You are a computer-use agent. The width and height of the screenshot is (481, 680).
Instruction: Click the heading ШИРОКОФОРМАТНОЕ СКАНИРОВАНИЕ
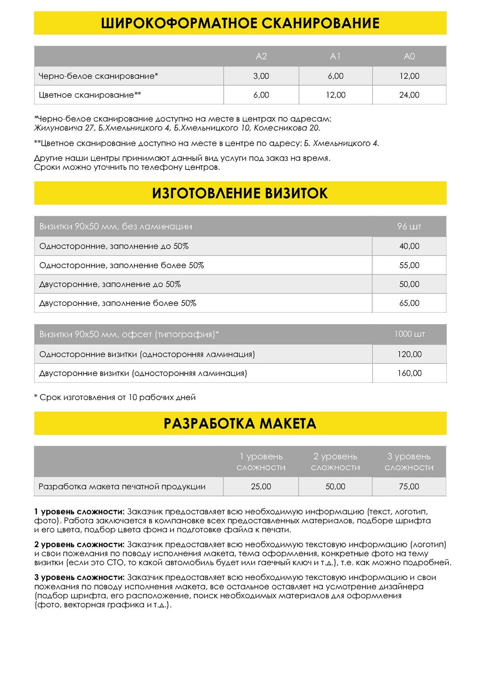[x=240, y=23]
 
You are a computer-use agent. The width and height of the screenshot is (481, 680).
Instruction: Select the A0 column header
[x=409, y=56]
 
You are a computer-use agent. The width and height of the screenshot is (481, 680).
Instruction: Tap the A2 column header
[x=261, y=56]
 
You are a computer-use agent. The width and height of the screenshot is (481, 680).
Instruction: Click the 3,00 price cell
[x=261, y=76]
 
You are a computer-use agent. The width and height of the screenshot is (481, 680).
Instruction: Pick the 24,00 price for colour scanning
[x=409, y=95]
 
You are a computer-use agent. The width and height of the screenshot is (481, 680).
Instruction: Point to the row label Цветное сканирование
[x=89, y=95]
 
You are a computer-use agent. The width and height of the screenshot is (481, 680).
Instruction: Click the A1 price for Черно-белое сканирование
[x=335, y=76]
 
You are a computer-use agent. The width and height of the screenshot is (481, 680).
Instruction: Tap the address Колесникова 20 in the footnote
[x=286, y=128]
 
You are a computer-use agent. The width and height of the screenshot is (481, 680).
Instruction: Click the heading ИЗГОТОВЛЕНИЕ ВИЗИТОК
[x=240, y=193]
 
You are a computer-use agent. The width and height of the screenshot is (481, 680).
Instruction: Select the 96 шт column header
[x=409, y=227]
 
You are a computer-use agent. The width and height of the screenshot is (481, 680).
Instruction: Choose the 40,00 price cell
[x=409, y=246]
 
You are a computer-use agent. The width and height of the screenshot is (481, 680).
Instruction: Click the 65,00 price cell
[x=409, y=303]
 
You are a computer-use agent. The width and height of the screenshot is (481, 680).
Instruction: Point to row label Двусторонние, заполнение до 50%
[x=110, y=284]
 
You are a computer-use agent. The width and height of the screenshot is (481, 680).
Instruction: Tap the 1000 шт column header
[x=409, y=334]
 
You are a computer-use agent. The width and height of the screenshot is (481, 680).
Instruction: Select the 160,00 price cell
[x=409, y=373]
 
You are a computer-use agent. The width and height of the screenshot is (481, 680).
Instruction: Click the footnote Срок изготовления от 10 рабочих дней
[x=115, y=397]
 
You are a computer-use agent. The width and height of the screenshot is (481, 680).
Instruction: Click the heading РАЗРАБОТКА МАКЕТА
[x=240, y=424]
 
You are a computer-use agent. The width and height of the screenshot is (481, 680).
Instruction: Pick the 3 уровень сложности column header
[x=409, y=462]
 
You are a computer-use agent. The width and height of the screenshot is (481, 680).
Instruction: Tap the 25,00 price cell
[x=261, y=487]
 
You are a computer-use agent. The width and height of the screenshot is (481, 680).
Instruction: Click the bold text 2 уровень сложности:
[x=79, y=544]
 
